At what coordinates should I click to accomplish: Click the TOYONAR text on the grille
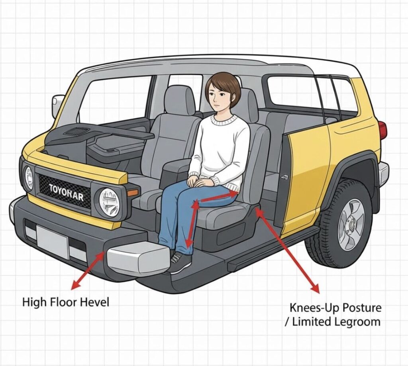pos(67,193)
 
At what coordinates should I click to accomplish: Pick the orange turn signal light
pos(132,193)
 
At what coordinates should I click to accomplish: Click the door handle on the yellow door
pos(284,177)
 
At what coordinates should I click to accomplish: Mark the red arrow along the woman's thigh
pos(218,197)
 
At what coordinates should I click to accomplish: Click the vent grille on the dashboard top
pos(76,132)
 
